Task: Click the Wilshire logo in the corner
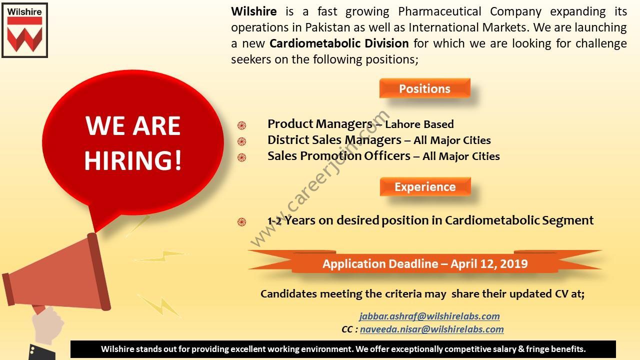coord(25,30)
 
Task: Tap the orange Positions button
coord(424,88)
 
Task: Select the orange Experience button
coord(425,186)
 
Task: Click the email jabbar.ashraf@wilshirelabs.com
coord(429,316)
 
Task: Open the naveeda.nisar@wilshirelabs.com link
coord(431,329)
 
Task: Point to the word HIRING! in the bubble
coord(133,160)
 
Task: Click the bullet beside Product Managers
coord(241,125)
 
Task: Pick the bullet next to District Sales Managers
coord(241,141)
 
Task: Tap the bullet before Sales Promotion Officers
coord(241,157)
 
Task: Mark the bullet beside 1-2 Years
coord(241,221)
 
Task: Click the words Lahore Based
coord(419,124)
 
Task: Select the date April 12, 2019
coord(489,263)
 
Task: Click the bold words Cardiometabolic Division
coord(339,43)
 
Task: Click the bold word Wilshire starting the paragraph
coord(253,11)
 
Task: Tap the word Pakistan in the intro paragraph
coord(327,27)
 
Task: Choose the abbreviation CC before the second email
coord(347,329)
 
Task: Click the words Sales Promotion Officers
coord(339,156)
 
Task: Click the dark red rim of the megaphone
coord(99,271)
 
